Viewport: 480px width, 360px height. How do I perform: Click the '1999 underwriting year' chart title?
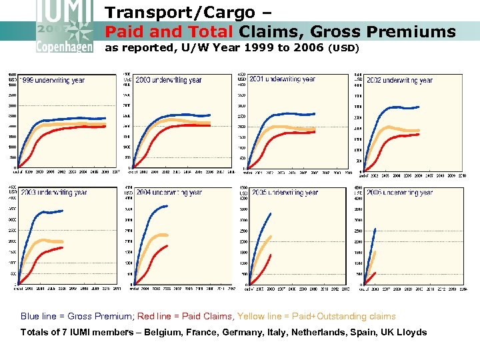51,81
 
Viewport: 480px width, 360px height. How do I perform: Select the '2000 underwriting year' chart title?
168,80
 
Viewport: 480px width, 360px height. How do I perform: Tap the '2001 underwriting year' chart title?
282,79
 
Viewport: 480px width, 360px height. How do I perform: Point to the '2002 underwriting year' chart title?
399,80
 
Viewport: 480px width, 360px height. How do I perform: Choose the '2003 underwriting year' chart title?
53,193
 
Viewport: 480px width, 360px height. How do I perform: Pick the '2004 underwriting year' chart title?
169,193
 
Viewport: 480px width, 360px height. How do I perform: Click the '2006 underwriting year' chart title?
399,193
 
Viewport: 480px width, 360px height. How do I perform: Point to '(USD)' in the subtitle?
345,49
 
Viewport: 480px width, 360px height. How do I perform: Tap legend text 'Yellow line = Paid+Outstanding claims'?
316,317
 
